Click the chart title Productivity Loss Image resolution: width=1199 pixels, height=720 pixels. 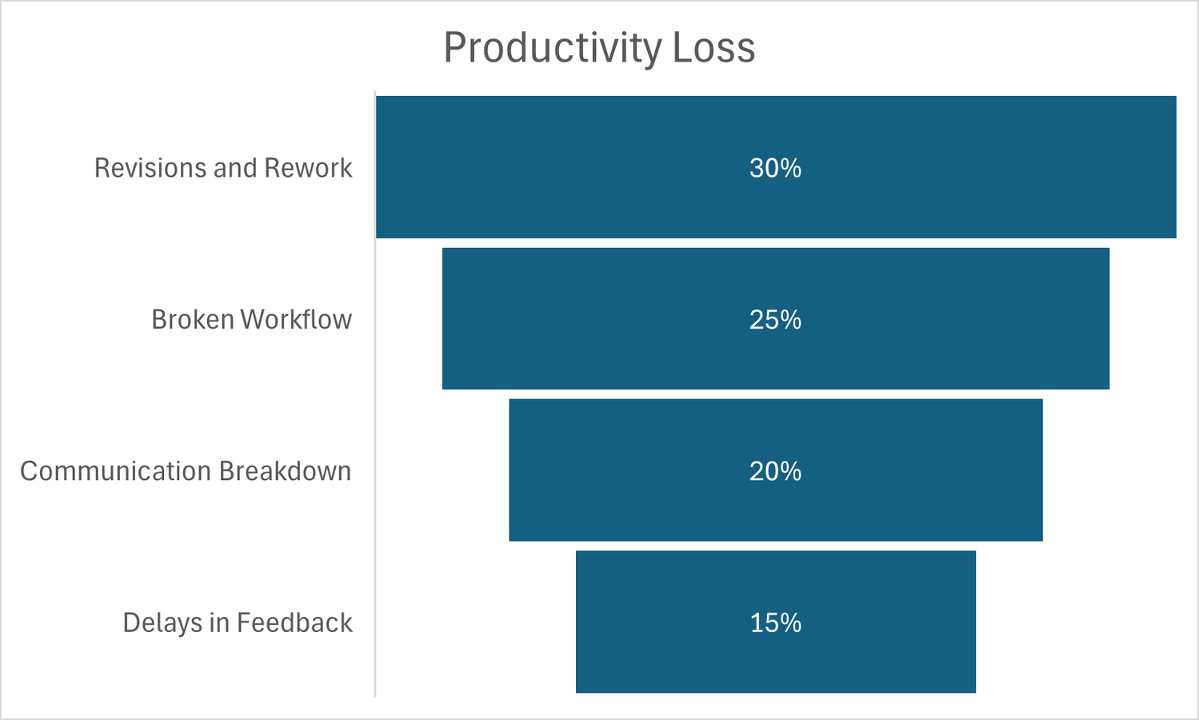click(599, 47)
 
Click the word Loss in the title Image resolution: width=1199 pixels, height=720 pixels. click(713, 47)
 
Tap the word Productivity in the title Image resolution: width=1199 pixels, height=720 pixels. click(553, 47)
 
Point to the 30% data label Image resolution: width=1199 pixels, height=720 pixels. click(775, 168)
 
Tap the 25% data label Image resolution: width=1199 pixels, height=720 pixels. click(775, 320)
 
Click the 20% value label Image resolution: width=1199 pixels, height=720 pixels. click(775, 471)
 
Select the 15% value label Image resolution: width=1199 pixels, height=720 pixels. click(775, 623)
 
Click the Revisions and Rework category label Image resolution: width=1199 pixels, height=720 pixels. click(223, 168)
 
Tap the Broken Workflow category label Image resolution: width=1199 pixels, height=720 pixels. click(251, 319)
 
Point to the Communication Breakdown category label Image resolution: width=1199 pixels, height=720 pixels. click(186, 471)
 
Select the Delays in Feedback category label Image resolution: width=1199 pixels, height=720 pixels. click(238, 622)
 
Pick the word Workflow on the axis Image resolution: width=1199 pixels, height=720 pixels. click(296, 319)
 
